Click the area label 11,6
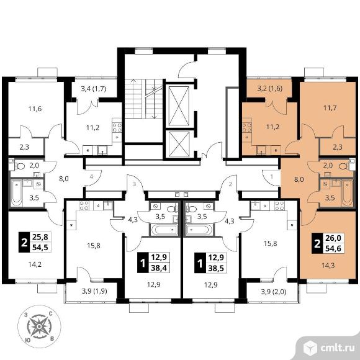click(35, 109)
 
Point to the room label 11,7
click(330, 107)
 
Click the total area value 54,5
click(40, 248)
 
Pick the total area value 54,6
click(333, 248)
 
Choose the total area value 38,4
click(159, 268)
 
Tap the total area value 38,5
click(216, 268)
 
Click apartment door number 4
click(91, 177)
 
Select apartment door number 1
click(272, 177)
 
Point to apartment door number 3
click(134, 184)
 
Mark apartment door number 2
click(230, 184)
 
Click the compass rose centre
click(39, 326)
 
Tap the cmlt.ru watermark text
click(337, 348)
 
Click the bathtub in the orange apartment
click(347, 193)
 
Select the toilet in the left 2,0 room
click(20, 166)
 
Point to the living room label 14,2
click(35, 264)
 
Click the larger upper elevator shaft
click(178, 106)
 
